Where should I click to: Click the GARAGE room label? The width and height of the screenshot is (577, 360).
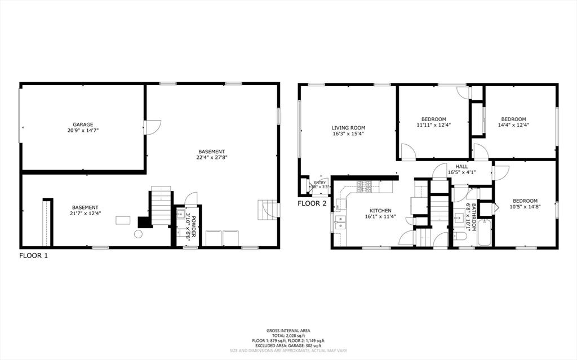pos(82,125)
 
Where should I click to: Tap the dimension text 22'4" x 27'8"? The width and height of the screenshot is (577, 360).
pos(212,158)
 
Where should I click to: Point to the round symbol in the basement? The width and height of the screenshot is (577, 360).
pos(138,234)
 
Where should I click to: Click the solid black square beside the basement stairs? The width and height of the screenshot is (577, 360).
pos(144,222)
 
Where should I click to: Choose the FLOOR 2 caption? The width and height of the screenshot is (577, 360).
pos(312,204)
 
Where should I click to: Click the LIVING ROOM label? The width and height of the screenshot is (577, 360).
pos(348,128)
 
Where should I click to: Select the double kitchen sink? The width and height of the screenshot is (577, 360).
pos(340,222)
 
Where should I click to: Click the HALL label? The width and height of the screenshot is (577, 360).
pos(461,166)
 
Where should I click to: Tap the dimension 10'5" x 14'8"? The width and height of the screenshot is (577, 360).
pos(525,207)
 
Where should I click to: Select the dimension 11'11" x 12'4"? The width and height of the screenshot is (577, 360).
pos(434,125)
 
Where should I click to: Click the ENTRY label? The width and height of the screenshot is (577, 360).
pos(319,183)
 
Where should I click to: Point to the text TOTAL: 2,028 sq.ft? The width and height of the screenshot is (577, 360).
pos(288,335)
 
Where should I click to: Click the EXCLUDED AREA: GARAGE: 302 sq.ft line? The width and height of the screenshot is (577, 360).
pos(288,345)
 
